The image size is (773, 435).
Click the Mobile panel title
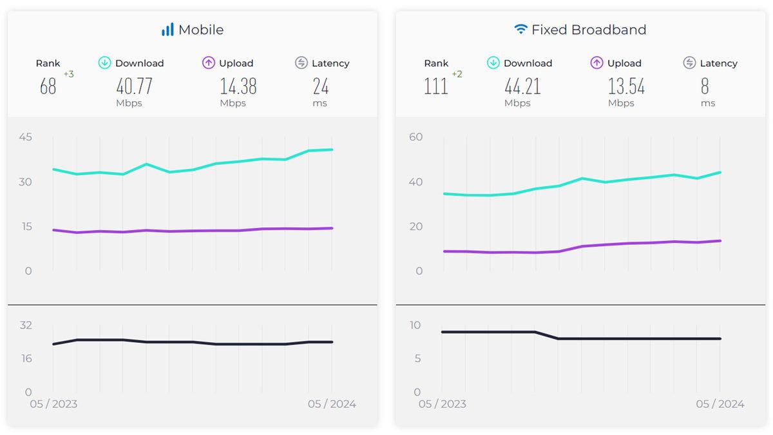pyautogui.click(x=201, y=30)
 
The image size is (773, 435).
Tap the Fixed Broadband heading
pyautogui.click(x=589, y=30)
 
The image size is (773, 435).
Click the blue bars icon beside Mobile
pyautogui.click(x=167, y=30)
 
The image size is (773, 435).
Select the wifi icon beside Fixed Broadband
pyautogui.click(x=520, y=30)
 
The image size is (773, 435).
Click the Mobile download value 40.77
pyautogui.click(x=134, y=86)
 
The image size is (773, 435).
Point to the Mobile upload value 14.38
pyautogui.click(x=238, y=86)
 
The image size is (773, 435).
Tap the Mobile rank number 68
pyautogui.click(x=48, y=86)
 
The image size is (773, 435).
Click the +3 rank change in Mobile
pyautogui.click(x=68, y=74)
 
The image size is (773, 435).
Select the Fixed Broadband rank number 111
pyautogui.click(x=436, y=86)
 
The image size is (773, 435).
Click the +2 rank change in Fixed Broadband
pyautogui.click(x=457, y=74)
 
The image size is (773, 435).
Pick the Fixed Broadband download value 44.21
pyautogui.click(x=522, y=86)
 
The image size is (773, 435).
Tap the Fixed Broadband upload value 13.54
pyautogui.click(x=626, y=86)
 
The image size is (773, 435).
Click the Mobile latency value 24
pyautogui.click(x=321, y=86)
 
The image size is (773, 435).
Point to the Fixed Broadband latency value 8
pyautogui.click(x=705, y=86)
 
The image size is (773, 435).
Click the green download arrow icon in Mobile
pyautogui.click(x=104, y=63)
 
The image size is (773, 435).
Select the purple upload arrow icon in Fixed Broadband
pyautogui.click(x=596, y=63)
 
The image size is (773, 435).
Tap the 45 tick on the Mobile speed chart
pyautogui.click(x=26, y=137)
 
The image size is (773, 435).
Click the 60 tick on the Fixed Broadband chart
pyautogui.click(x=415, y=137)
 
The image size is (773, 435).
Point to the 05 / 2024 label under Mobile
pyautogui.click(x=332, y=404)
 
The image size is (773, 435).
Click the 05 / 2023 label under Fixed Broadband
pyautogui.click(x=443, y=404)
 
